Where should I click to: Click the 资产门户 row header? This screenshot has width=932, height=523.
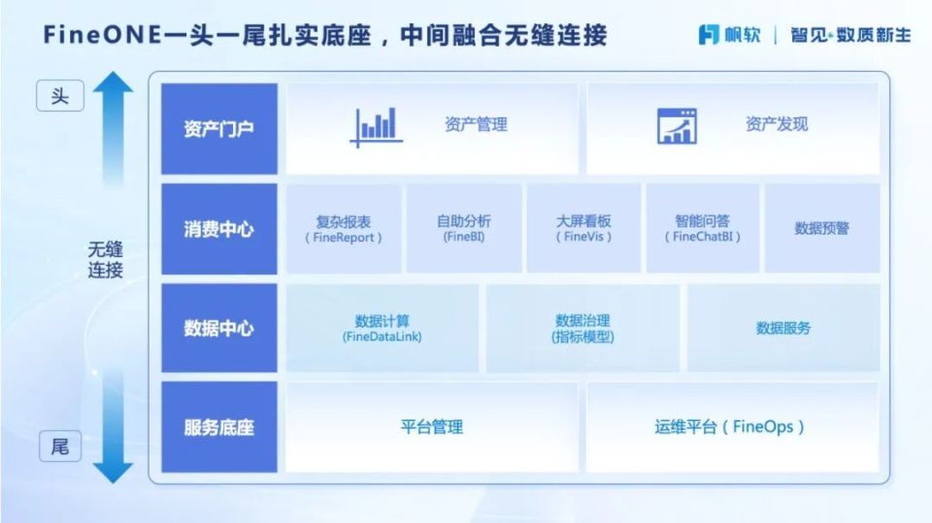pyautogui.click(x=218, y=129)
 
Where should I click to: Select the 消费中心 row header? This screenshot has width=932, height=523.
pyautogui.click(x=218, y=229)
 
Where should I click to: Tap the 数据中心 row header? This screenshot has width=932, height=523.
pyautogui.click(x=218, y=328)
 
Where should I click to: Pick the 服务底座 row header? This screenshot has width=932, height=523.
pyautogui.click(x=218, y=427)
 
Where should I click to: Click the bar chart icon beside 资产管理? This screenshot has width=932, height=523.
pyautogui.click(x=377, y=126)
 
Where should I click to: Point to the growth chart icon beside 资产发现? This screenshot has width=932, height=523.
pyautogui.click(x=677, y=126)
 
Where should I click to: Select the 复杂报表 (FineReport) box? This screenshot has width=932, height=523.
pyautogui.click(x=343, y=229)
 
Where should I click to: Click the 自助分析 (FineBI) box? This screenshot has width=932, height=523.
pyautogui.click(x=463, y=229)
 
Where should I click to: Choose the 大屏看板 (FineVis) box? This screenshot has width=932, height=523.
pyautogui.click(x=583, y=229)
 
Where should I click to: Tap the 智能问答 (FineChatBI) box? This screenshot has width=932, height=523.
pyautogui.click(x=703, y=229)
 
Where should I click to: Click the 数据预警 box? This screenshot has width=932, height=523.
pyautogui.click(x=821, y=229)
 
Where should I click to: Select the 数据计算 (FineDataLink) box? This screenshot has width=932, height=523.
pyautogui.click(x=382, y=328)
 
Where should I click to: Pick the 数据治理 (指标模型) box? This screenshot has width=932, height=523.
pyautogui.click(x=582, y=328)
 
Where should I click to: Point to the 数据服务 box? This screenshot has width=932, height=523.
pyautogui.click(x=783, y=328)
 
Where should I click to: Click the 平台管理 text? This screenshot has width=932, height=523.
pyautogui.click(x=432, y=427)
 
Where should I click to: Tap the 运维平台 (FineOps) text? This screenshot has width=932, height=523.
pyautogui.click(x=729, y=427)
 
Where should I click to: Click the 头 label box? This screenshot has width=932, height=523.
pyautogui.click(x=60, y=97)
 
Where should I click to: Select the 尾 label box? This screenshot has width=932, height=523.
pyautogui.click(x=60, y=447)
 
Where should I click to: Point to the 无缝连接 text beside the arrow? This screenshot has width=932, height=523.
pyautogui.click(x=106, y=260)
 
